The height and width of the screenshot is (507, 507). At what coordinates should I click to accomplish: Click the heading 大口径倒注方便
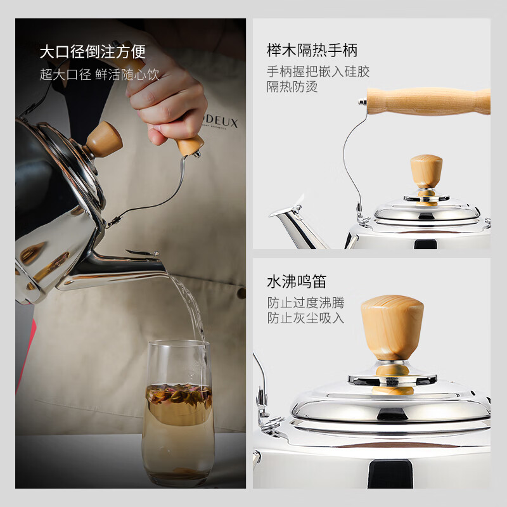tap(93, 51)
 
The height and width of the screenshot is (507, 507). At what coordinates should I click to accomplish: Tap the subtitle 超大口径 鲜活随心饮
tap(99, 74)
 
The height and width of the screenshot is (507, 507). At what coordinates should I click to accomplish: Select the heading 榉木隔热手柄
tap(312, 50)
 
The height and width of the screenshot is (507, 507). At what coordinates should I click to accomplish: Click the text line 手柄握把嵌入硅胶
tap(318, 72)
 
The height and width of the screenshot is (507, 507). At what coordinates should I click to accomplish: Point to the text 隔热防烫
tap(292, 87)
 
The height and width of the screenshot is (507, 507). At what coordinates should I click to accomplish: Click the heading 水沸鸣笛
tap(297, 281)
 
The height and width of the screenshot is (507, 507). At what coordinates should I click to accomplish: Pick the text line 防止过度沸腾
tap(305, 303)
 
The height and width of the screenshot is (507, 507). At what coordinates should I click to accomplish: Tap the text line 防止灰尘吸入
tap(305, 318)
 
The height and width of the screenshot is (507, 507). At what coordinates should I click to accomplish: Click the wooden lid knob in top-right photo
tap(426, 171)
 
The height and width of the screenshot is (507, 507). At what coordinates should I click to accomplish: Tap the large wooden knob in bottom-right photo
tap(392, 326)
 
